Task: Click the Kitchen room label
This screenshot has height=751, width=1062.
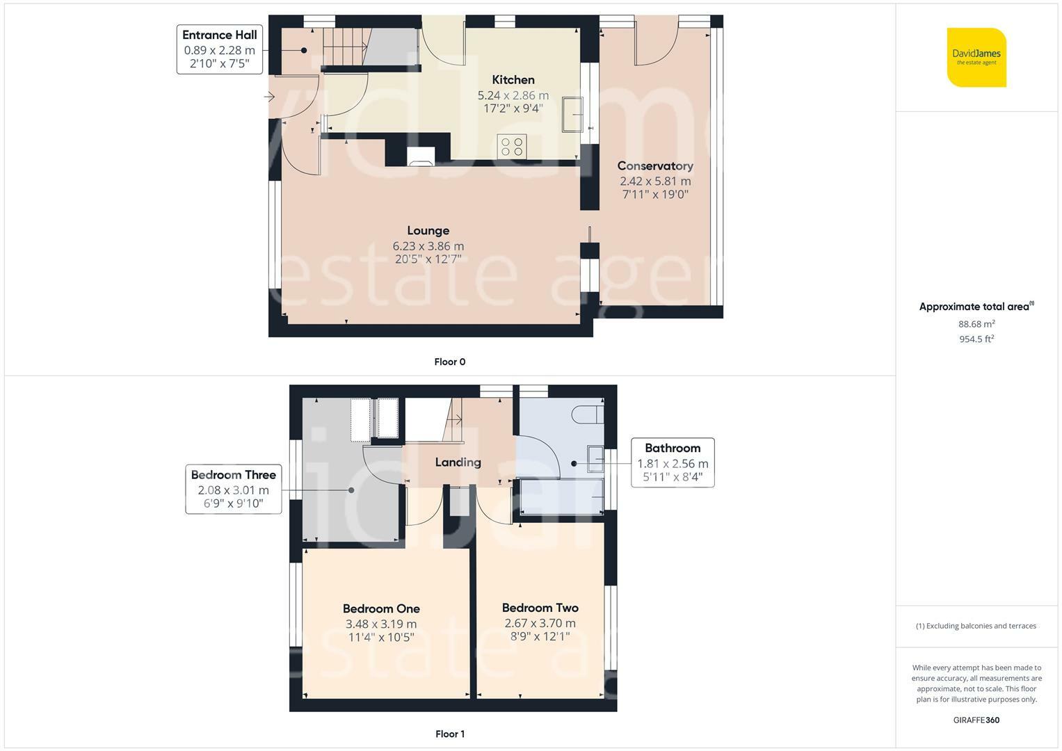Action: click(x=513, y=80)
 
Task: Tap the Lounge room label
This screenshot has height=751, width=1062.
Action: click(x=428, y=230)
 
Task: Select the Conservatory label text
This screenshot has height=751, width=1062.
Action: click(x=655, y=166)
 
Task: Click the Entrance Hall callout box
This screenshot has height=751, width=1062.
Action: click(x=220, y=49)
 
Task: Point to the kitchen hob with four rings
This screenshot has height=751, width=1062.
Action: click(x=512, y=146)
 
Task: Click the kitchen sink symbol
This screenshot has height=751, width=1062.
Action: click(x=572, y=114)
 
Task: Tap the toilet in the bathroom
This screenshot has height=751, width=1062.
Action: click(x=588, y=415)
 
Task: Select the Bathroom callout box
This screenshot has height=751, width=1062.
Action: click(x=673, y=462)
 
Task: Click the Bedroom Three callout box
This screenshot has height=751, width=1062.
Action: click(x=233, y=489)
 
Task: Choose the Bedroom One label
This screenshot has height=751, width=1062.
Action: click(x=381, y=608)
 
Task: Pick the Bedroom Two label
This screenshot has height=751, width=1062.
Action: click(x=540, y=607)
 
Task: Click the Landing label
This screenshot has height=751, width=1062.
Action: click(x=458, y=462)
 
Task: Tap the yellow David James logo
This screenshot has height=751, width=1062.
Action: click(x=976, y=57)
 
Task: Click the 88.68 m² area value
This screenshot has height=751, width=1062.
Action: click(x=976, y=324)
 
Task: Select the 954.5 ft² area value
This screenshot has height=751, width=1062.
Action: click(x=976, y=339)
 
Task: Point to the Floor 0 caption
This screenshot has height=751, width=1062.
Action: click(x=450, y=362)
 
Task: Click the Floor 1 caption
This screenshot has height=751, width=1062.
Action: click(x=450, y=734)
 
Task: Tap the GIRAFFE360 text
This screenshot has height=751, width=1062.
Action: click(x=976, y=720)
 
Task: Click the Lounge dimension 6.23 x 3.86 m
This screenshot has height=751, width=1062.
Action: click(x=428, y=246)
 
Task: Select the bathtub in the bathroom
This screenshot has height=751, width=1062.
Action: click(x=562, y=496)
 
